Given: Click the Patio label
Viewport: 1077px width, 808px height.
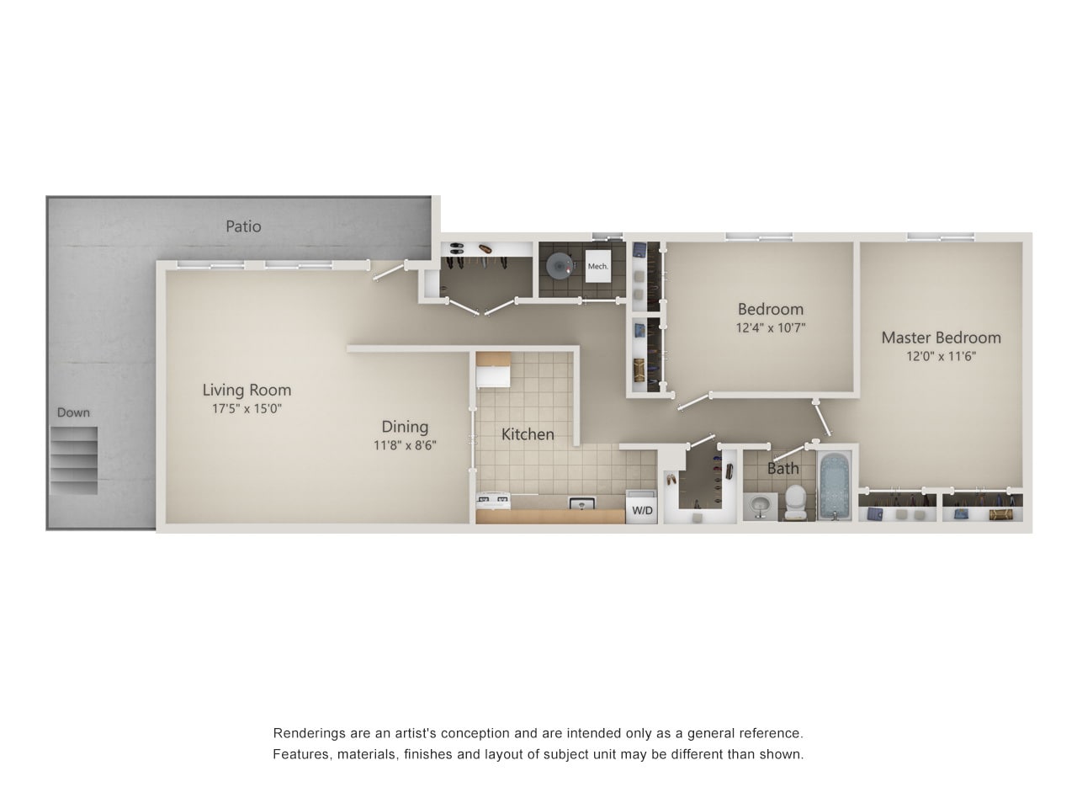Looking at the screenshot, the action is tap(243, 226).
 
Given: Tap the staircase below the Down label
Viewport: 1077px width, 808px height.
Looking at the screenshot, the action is tap(73, 460).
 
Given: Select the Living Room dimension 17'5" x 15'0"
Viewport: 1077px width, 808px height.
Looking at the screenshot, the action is tap(247, 409).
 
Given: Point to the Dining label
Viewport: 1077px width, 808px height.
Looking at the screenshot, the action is tap(405, 427).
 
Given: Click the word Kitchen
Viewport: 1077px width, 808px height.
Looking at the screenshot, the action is tap(528, 434).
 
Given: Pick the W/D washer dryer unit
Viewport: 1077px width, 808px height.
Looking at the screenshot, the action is tap(642, 507).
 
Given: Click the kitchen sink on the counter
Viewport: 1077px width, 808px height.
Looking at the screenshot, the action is tap(582, 503).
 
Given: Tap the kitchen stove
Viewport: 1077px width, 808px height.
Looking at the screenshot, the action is tap(493, 501).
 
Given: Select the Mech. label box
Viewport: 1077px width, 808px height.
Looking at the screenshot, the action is tap(598, 267).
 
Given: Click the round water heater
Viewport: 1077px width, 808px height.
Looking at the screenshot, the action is tap(560, 266).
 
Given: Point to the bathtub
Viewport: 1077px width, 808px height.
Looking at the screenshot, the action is tap(836, 486).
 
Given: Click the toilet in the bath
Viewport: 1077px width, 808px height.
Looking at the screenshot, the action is tap(795, 502).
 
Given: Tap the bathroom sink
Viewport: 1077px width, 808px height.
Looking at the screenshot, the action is tap(760, 506).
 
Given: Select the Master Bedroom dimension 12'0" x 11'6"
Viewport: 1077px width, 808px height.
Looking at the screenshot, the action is tap(941, 356).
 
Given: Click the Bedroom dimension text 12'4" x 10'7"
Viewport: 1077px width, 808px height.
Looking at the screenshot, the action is tap(771, 327).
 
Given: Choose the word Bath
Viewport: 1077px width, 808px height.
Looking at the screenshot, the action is tap(783, 469).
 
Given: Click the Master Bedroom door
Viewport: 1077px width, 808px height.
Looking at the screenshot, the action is tap(822, 418).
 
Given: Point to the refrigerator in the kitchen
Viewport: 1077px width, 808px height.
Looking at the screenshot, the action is tap(494, 369).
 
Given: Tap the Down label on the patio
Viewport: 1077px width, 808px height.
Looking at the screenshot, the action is tap(73, 412).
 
